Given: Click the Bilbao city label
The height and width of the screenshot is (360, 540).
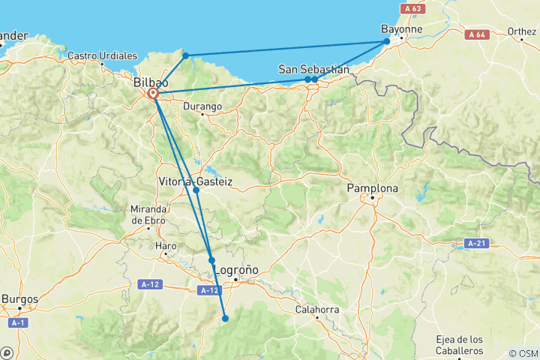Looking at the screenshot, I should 150,82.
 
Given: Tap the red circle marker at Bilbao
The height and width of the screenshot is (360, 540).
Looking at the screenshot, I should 153,94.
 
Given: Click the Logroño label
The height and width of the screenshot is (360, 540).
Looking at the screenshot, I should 236,269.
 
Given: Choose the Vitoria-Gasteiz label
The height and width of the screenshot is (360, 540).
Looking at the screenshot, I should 196,181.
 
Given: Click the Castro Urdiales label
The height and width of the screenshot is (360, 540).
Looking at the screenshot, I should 103,55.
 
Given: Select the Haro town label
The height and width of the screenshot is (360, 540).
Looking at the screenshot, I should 165,245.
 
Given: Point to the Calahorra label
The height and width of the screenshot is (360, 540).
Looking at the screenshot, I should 318,309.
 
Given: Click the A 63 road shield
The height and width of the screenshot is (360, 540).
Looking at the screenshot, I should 409,8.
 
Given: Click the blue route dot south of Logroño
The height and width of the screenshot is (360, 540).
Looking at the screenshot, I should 225,319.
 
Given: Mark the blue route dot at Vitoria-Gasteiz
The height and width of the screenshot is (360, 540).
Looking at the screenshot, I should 196,190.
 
